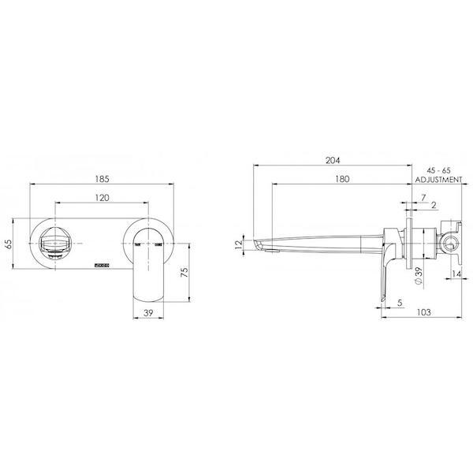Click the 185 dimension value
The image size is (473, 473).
click(102, 177)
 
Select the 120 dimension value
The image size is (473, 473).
click(102, 199)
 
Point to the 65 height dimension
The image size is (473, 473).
click(9, 243)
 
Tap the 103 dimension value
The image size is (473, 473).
click(423, 312)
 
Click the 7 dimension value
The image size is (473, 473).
click(423, 196)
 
